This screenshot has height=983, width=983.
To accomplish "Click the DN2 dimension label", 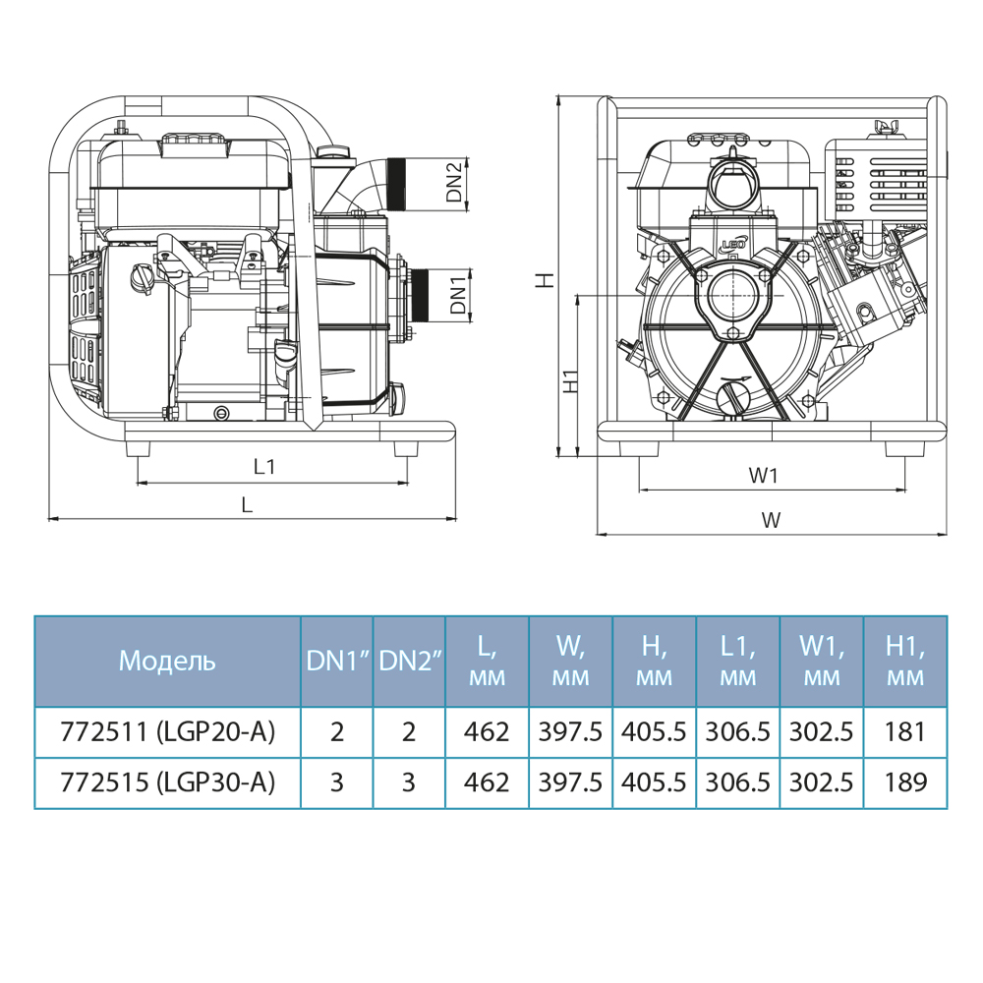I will pyautogui.click(x=453, y=183).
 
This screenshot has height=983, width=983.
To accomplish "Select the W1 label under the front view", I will pyautogui.click(x=764, y=475).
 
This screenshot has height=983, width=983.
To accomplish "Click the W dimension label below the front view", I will pyautogui.click(x=772, y=520).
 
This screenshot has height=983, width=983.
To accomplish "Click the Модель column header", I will pyautogui.click(x=166, y=661).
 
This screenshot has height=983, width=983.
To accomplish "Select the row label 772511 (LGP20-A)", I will pyautogui.click(x=167, y=732).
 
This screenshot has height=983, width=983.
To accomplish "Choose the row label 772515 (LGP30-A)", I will pyautogui.click(x=167, y=782).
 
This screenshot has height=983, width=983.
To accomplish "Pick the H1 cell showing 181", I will pyautogui.click(x=905, y=732).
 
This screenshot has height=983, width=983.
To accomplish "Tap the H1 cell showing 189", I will pyautogui.click(x=905, y=782).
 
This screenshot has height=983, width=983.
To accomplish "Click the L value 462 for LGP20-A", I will pyautogui.click(x=488, y=732).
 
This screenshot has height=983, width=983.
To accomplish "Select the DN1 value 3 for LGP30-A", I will pyautogui.click(x=336, y=782).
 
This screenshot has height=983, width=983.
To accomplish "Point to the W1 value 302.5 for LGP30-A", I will pyautogui.click(x=822, y=782).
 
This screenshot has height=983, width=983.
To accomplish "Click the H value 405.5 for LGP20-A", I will pyautogui.click(x=655, y=732).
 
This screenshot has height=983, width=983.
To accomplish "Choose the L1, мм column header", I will pyautogui.click(x=738, y=661).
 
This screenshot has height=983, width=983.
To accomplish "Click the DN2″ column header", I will pyautogui.click(x=409, y=661).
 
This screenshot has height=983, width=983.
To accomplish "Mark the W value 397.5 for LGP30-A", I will pyautogui.click(x=571, y=782).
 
